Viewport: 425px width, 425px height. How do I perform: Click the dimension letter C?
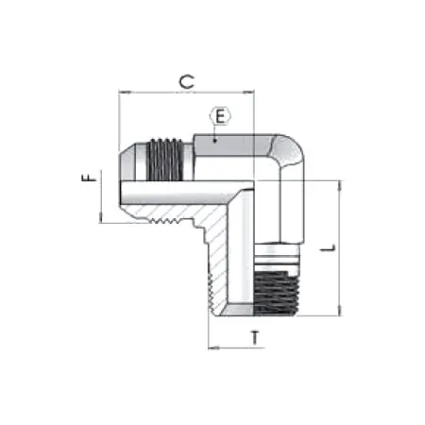pyautogui.click(x=188, y=82)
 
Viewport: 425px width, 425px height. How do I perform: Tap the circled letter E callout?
pyautogui.click(x=219, y=117)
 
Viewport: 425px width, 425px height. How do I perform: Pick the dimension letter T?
pyautogui.click(x=256, y=337)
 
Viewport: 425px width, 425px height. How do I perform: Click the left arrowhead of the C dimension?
pyautogui.click(x=123, y=93)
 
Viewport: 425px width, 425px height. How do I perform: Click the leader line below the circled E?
pyautogui.click(x=216, y=132)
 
